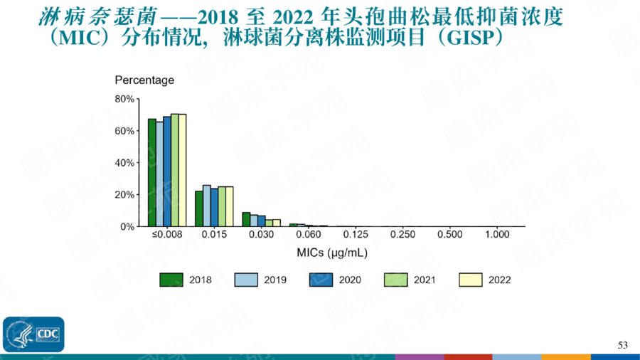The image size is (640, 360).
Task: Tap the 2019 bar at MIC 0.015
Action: pyautogui.click(x=206, y=206)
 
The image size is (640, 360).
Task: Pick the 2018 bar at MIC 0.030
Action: pyautogui.click(x=246, y=219)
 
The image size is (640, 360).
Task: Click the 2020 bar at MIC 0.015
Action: pyautogui.click(x=214, y=207)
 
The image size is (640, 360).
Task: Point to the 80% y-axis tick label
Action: pyautogui.click(x=124, y=99)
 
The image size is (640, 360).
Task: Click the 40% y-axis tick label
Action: pyautogui.click(x=124, y=163)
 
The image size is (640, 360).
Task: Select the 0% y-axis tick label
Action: pyautogui.click(x=127, y=226)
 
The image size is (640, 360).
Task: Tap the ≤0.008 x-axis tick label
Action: pyautogui.click(x=166, y=235)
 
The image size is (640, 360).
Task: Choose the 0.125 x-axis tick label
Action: pyautogui.click(x=355, y=235)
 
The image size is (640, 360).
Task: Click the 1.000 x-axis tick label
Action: pyautogui.click(x=496, y=235)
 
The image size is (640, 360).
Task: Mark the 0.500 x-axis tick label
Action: pyautogui.click(x=449, y=235)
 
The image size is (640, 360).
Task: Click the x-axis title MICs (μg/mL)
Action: pyautogui.click(x=332, y=253)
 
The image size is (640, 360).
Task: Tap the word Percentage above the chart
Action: pyautogui.click(x=144, y=80)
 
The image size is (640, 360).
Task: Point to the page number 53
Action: pyautogui.click(x=623, y=345)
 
